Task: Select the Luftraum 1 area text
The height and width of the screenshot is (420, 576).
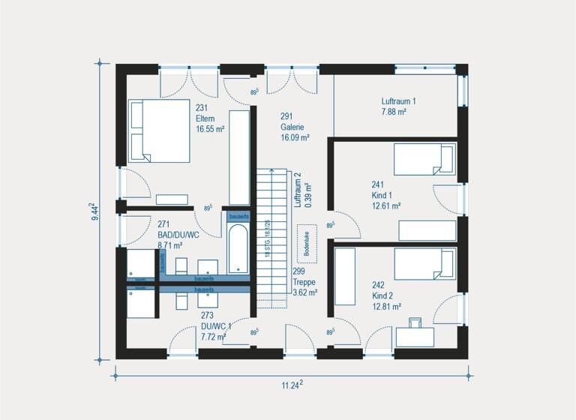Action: [x=398, y=106]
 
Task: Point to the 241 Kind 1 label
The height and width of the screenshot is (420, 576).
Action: [x=386, y=194]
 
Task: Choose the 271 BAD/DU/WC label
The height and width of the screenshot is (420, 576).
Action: [x=178, y=234]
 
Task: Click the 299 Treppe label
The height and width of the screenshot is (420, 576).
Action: [x=304, y=282]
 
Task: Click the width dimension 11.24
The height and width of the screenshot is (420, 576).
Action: [x=291, y=385]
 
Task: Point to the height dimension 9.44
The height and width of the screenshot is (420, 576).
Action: [x=93, y=212]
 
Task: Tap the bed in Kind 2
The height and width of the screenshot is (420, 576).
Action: [x=424, y=265]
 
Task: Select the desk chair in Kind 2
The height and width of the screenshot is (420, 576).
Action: [x=415, y=323]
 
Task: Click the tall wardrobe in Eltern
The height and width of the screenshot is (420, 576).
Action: [x=238, y=157]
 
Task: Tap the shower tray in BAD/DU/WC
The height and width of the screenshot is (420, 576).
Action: [x=140, y=263]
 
